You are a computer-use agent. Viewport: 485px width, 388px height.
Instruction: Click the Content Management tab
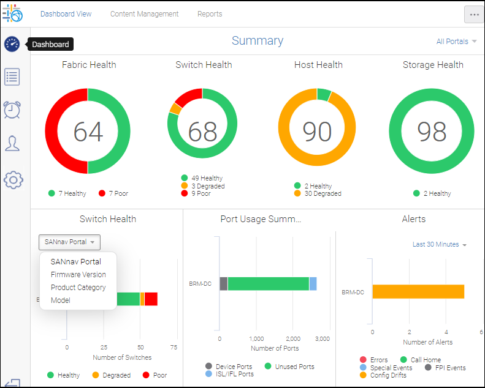pyautogui.click(x=144, y=14)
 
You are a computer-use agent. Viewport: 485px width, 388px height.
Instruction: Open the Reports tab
pyautogui.click(x=210, y=14)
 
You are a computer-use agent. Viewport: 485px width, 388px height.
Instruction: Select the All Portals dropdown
pyautogui.click(x=456, y=42)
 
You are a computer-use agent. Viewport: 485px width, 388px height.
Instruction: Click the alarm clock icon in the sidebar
pyautogui.click(x=12, y=110)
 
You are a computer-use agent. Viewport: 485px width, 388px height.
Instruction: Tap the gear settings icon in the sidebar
pyautogui.click(x=13, y=179)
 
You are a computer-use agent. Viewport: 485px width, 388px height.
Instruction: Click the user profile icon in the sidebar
pyautogui.click(x=12, y=143)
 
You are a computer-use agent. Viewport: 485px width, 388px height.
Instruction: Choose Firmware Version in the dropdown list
pyautogui.click(x=78, y=275)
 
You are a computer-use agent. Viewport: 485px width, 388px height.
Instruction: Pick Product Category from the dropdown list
pyautogui.click(x=78, y=288)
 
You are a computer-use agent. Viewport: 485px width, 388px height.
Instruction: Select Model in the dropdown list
pyautogui.click(x=61, y=300)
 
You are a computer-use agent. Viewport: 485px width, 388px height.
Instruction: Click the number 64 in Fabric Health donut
pyautogui.click(x=88, y=132)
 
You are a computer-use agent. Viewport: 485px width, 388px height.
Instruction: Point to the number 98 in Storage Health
pyautogui.click(x=432, y=132)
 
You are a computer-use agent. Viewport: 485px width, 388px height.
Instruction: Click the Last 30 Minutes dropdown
pyautogui.click(x=439, y=244)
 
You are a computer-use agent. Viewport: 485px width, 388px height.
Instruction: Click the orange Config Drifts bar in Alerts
pyautogui.click(x=418, y=292)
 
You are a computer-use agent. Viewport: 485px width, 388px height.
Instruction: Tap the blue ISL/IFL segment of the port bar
pyautogui.click(x=313, y=283)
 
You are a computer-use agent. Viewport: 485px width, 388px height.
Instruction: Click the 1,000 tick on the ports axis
pyautogui.click(x=257, y=338)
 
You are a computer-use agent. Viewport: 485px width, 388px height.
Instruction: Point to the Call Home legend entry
pyautogui.click(x=425, y=360)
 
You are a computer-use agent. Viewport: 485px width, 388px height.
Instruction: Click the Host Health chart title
pyautogui.click(x=318, y=65)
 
